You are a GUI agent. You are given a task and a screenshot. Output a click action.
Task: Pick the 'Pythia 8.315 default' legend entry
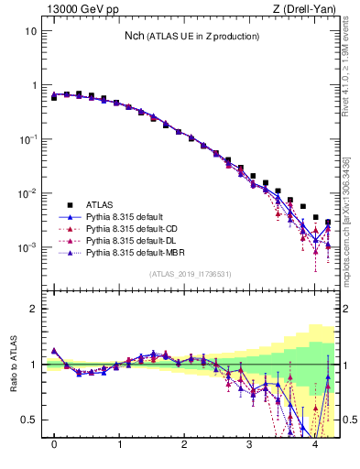pyautogui.click(x=126, y=216)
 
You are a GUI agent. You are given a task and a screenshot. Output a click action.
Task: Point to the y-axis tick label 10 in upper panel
pyautogui.click(x=31, y=30)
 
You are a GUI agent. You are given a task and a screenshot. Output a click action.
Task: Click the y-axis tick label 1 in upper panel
pyautogui.click(x=35, y=85)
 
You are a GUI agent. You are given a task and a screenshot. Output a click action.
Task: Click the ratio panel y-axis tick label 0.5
pyautogui.click(x=30, y=420)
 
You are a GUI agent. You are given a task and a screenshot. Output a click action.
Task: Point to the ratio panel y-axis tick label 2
pyautogui.click(x=35, y=309)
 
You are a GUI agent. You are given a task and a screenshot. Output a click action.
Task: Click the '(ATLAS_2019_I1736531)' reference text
pyautogui.click(x=191, y=274)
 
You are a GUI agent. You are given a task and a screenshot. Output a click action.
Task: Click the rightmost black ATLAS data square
pyautogui.click(x=328, y=223)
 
